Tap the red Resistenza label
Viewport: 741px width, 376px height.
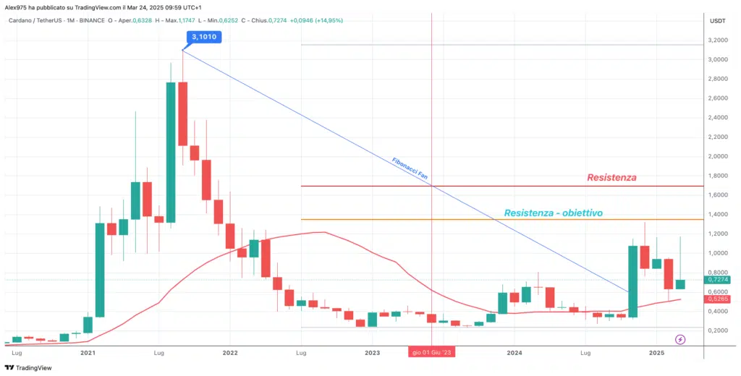tap(611, 177)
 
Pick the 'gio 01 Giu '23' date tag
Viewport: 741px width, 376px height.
tap(432, 353)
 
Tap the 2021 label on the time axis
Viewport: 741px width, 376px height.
tap(88, 353)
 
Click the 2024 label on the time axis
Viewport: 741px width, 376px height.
tap(515, 353)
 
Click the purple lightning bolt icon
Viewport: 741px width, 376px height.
tap(680, 338)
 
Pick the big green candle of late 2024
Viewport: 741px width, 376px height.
tap(632, 281)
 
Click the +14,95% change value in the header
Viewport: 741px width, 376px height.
tap(327, 20)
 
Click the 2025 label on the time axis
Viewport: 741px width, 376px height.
tap(656, 353)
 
